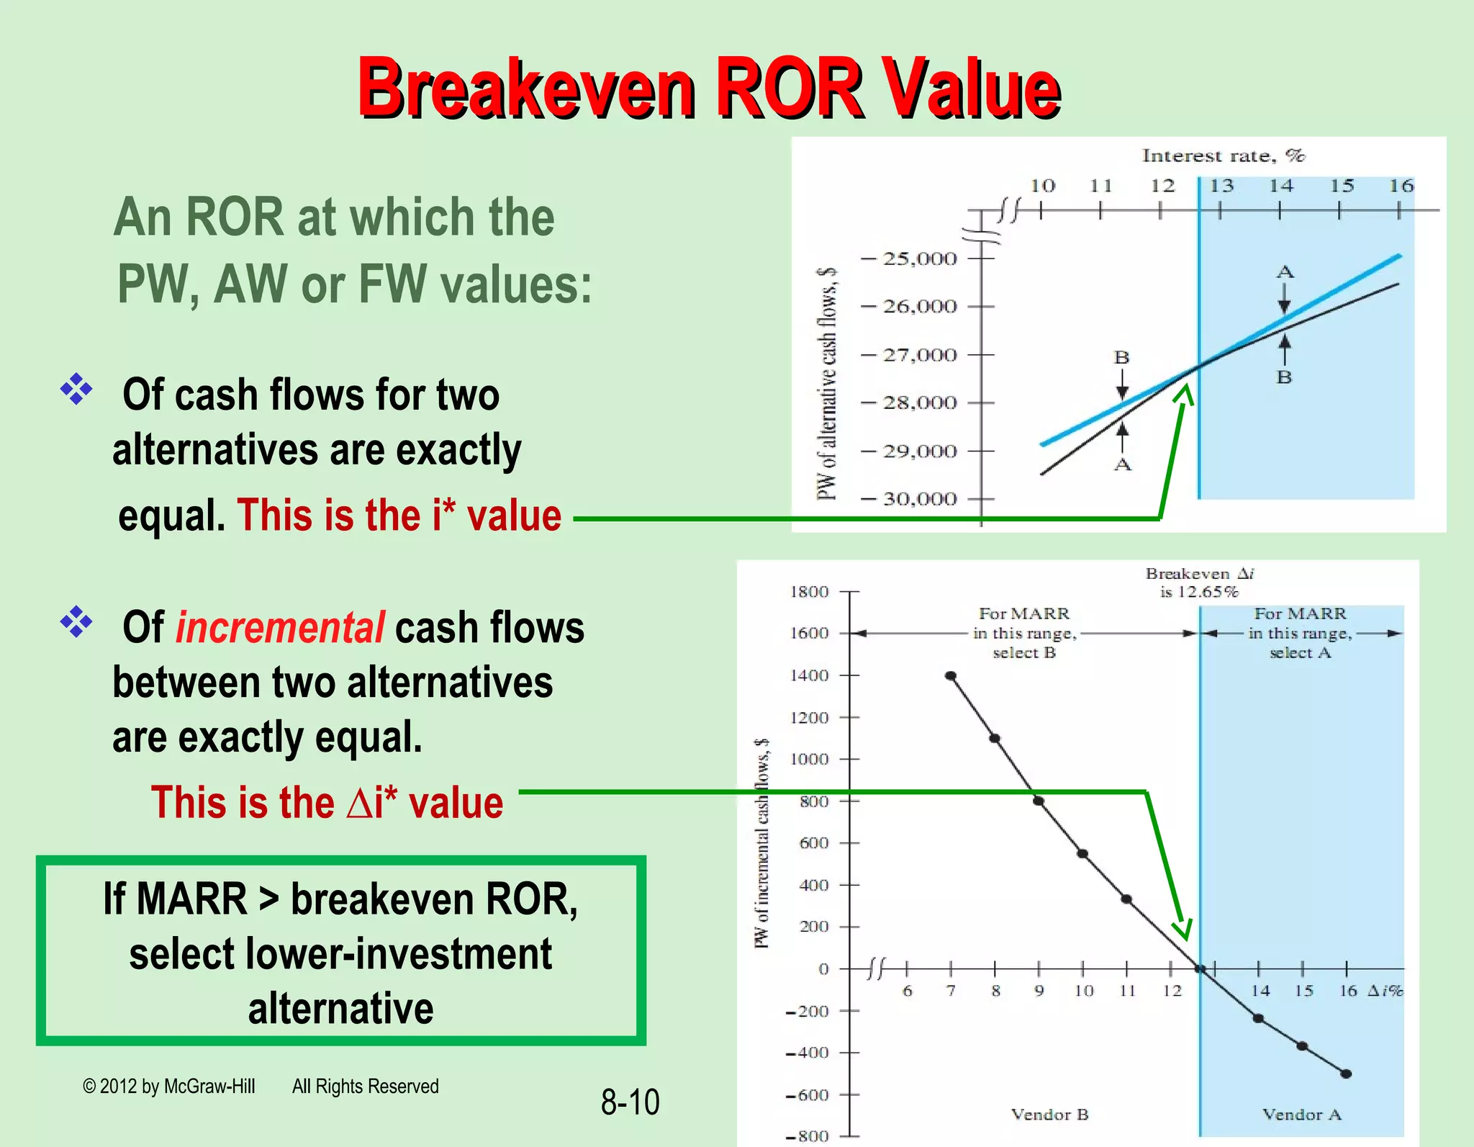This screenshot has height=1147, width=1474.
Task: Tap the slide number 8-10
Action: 630,1102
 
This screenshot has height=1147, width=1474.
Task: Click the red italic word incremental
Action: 280,627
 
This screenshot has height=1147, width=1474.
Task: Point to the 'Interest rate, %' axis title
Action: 1223,156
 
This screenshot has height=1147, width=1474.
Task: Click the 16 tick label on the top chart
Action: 1401,186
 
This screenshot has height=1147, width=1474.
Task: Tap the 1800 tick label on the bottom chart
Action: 810,592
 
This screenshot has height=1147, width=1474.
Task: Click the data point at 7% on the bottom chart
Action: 951,675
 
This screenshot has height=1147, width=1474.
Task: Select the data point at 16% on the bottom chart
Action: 1346,1074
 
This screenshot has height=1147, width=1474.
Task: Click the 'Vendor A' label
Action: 1301,1115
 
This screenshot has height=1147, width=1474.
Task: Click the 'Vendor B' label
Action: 1049,1115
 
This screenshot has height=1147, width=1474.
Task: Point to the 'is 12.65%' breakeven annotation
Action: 1198,592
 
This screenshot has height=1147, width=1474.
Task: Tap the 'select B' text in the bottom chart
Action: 1024,653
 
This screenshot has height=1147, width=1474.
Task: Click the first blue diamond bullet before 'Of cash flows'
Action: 76,390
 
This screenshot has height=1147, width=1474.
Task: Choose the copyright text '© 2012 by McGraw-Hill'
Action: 169,1086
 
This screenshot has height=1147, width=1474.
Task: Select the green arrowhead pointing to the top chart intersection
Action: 1184,394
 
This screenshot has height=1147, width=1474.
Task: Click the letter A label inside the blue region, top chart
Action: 1285,272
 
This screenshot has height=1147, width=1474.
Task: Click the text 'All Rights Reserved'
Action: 365,1086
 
